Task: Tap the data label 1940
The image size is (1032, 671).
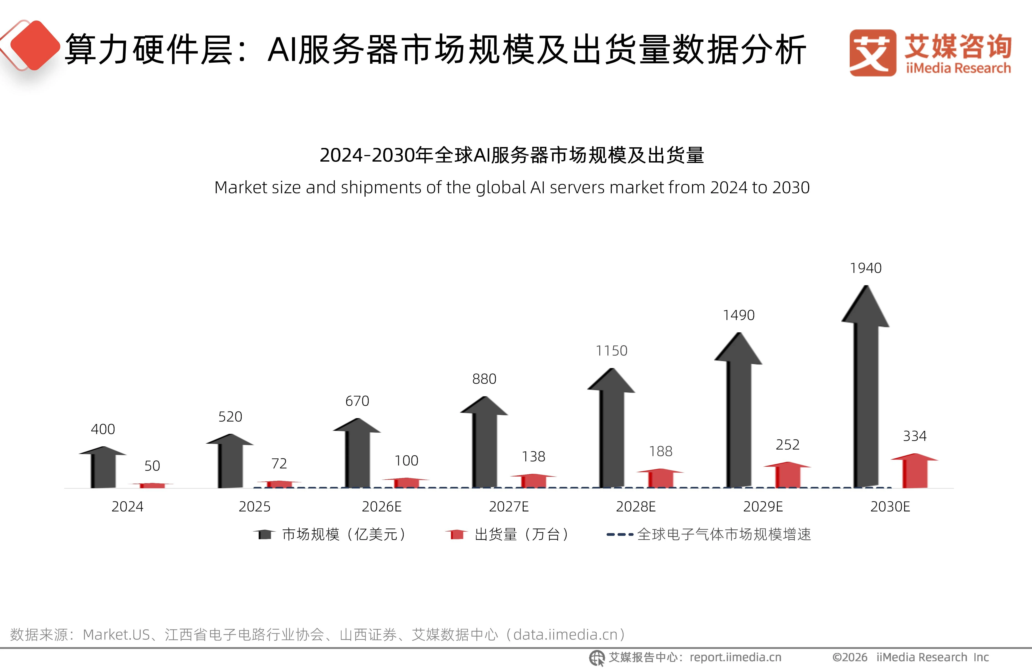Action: point(865,268)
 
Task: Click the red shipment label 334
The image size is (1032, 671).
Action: point(915,436)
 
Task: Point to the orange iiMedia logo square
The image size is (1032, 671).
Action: point(872,53)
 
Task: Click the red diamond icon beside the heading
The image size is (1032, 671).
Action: point(35,45)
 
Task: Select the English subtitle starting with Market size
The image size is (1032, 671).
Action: point(512,187)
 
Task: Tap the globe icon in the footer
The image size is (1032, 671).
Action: point(597,658)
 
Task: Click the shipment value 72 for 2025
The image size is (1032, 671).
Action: point(279,464)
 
